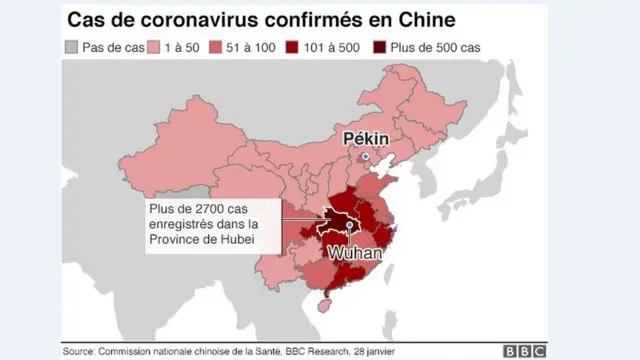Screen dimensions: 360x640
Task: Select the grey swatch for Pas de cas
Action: pos(72,46)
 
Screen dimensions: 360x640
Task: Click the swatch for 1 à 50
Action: pos(154,46)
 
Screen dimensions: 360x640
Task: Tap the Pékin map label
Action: pos(364,138)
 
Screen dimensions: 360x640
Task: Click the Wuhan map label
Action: pos(355,254)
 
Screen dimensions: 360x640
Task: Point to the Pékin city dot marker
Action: pos(366,157)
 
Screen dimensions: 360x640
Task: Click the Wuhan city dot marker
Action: pos(348,226)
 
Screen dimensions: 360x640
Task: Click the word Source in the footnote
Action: pos(77,351)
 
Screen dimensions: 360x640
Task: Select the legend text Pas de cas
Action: pos(110,46)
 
